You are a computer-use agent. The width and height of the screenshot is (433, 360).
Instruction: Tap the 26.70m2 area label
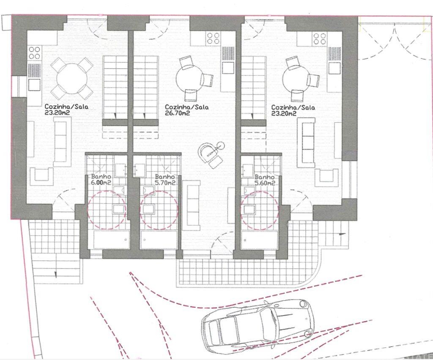tap(177, 113)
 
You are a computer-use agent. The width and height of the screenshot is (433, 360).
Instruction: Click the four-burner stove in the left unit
tap(34, 52)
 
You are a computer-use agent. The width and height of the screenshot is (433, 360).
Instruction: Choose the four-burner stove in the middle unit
tap(212, 38)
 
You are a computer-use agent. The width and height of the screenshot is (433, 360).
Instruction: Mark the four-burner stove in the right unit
tap(318, 38)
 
